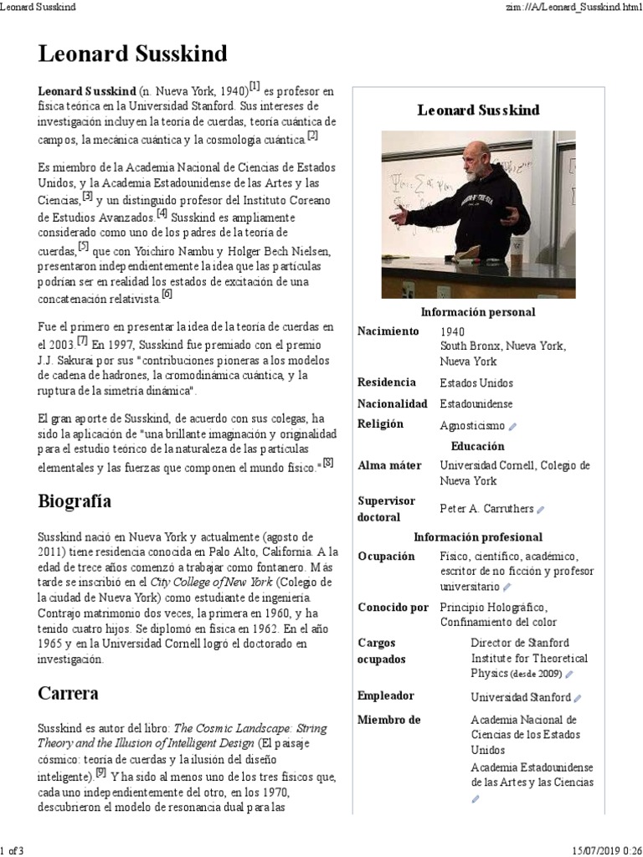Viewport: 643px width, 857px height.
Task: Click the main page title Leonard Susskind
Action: (x=132, y=55)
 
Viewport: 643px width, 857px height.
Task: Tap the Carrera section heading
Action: (x=68, y=693)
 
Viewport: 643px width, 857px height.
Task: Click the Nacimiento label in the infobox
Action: (x=388, y=331)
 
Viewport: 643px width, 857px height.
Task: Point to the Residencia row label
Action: (x=387, y=382)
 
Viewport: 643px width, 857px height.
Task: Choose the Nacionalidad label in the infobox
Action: (x=393, y=403)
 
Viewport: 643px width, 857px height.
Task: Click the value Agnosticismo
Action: (x=473, y=425)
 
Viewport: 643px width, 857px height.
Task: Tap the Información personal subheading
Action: (x=478, y=312)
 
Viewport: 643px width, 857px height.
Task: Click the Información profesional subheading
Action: (x=478, y=537)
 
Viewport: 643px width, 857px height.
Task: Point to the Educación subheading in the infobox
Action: (x=478, y=446)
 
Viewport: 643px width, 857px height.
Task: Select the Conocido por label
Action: (x=393, y=608)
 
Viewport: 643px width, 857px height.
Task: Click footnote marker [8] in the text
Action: (x=327, y=463)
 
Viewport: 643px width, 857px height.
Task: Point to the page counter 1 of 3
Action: (x=13, y=850)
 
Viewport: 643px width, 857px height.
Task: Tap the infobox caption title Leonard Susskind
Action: (x=478, y=110)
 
